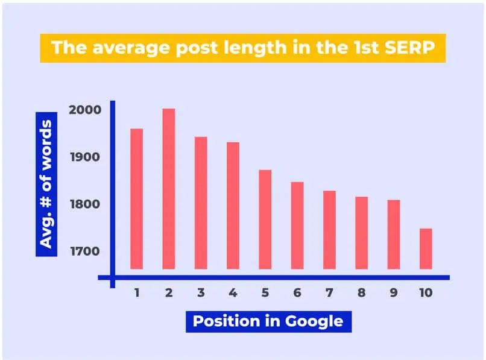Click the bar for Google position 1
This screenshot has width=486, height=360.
tap(137, 199)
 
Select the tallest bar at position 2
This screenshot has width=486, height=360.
tap(169, 189)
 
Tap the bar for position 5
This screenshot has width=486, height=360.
tap(265, 219)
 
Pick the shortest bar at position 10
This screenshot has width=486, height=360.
tap(426, 248)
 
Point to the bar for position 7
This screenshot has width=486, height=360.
tap(329, 230)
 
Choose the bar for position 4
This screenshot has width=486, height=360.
tap(233, 206)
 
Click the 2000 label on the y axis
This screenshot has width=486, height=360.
tap(85, 110)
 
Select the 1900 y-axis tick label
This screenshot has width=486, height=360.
tap(85, 157)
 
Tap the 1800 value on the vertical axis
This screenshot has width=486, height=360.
tap(85, 204)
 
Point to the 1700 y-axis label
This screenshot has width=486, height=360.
tap(85, 251)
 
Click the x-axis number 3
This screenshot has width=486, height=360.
tap(201, 292)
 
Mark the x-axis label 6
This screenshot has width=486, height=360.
tap(297, 292)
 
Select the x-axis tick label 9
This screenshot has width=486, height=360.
tap(394, 292)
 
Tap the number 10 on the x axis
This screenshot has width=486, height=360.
tap(426, 292)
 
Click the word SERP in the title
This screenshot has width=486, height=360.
tap(409, 48)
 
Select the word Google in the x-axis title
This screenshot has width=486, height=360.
tap(314, 321)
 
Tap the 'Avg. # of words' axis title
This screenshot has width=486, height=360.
tap(46, 184)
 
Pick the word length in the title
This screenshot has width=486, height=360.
tap(256, 48)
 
